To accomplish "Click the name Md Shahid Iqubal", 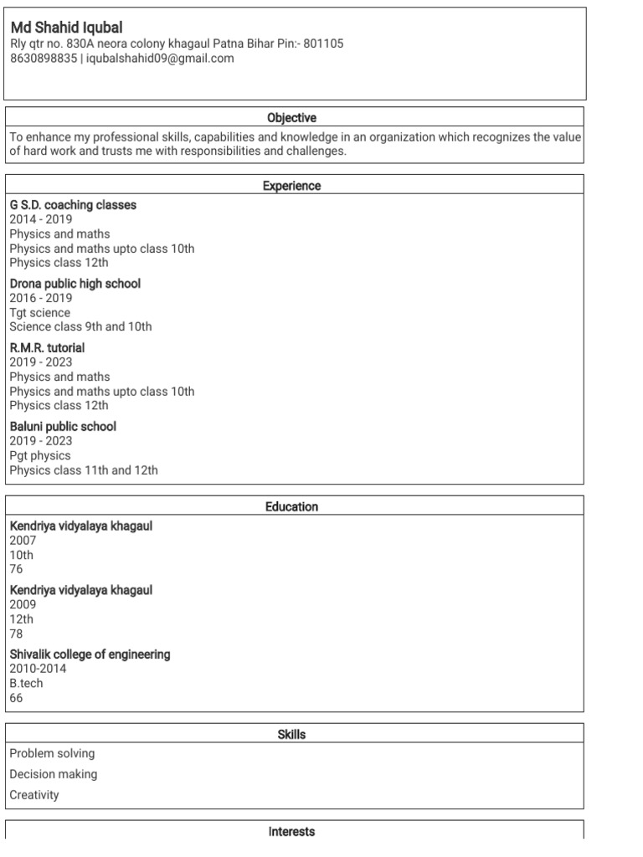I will coord(66,28).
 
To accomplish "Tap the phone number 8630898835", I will coord(42,59).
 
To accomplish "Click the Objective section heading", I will coord(291,118).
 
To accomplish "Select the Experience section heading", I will coord(291,186).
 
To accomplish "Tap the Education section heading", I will coord(291,506).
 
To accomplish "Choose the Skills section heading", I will coord(291,734).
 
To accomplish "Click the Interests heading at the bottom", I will coord(291,831).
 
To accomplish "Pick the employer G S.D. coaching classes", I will coord(73,205).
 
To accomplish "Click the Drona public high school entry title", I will coord(75,284).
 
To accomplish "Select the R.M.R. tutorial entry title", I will coord(47,347).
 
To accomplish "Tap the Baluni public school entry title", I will coord(63,426).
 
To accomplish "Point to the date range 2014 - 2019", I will coord(41,219).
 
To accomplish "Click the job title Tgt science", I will coord(40,312).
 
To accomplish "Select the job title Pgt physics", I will coord(40,455).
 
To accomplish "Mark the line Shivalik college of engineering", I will coord(90,654).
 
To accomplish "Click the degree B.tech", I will coord(26,683).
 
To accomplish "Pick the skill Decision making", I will coord(54,774).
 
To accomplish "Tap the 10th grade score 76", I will coord(17,569).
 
